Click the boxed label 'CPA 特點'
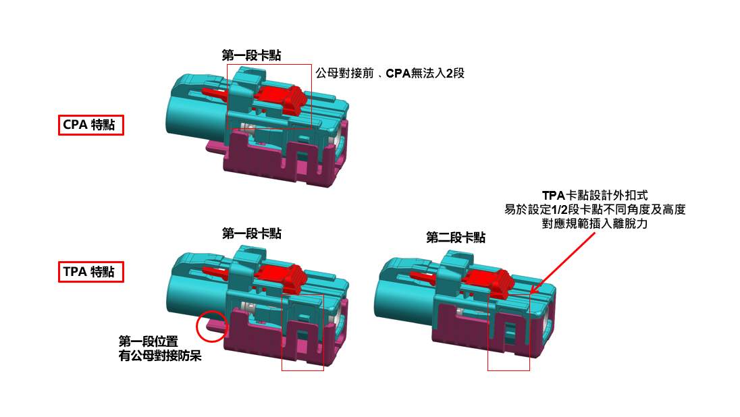tap(91, 125)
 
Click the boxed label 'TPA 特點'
tap(91, 272)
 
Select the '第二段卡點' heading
tap(456, 238)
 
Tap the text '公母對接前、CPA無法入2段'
tap(390, 73)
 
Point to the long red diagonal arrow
tap(562, 262)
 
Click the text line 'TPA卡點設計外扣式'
tap(595, 195)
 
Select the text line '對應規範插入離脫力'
tap(595, 223)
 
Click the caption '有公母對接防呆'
tap(160, 355)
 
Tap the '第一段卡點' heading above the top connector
tap(252, 55)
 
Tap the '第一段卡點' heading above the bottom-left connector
tap(252, 233)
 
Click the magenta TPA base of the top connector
tap(283, 161)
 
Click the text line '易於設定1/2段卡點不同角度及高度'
tap(595, 209)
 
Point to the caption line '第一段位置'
tap(148, 341)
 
